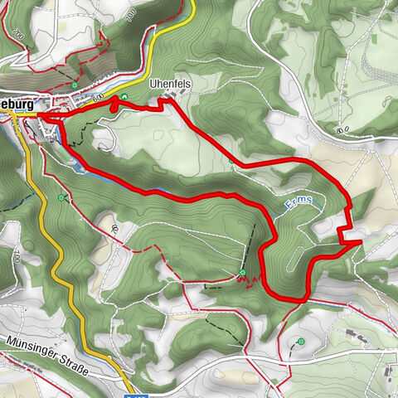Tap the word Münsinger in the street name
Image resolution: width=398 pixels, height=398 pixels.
pos(31,342)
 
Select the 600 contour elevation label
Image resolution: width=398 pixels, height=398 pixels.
pos(98,98)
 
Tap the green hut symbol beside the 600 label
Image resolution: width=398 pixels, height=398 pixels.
pos(124,97)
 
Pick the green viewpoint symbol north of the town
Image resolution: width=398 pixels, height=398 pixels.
pos(75,85)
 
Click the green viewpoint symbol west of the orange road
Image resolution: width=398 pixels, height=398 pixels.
pos(61,197)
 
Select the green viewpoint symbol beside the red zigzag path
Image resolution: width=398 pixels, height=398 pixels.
pos(241,273)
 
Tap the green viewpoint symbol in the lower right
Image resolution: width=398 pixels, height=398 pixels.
pos(301,342)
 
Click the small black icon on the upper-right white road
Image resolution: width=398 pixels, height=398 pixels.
pos(340,129)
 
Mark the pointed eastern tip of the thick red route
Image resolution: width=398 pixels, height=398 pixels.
pos(359,243)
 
